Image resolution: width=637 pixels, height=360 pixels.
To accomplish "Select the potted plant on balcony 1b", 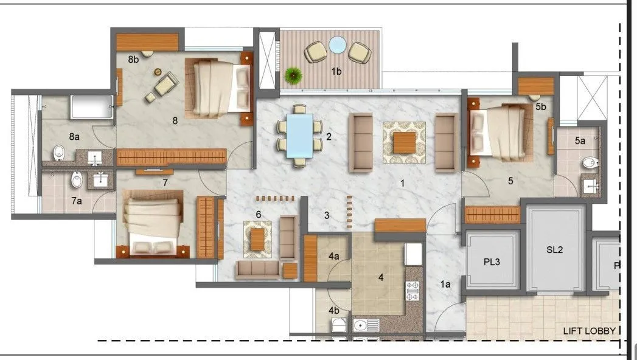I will pyautogui.click(x=293, y=75).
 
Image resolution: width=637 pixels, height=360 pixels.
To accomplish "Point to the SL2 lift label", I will pyautogui.click(x=555, y=249).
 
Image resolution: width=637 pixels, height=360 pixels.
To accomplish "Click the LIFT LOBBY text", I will pyautogui.click(x=588, y=331).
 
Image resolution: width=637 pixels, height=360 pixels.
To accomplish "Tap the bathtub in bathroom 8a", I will pyautogui.click(x=92, y=107).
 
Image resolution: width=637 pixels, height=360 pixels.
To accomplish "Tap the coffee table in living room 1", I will pyautogui.click(x=404, y=142).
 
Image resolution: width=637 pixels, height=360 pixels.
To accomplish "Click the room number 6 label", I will pyautogui.click(x=259, y=214).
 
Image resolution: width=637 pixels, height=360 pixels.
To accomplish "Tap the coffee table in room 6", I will pyautogui.click(x=258, y=238).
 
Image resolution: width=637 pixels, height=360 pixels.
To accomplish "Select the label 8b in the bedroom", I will pyautogui.click(x=133, y=60).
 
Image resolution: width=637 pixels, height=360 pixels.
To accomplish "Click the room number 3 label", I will pyautogui.click(x=327, y=215).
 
